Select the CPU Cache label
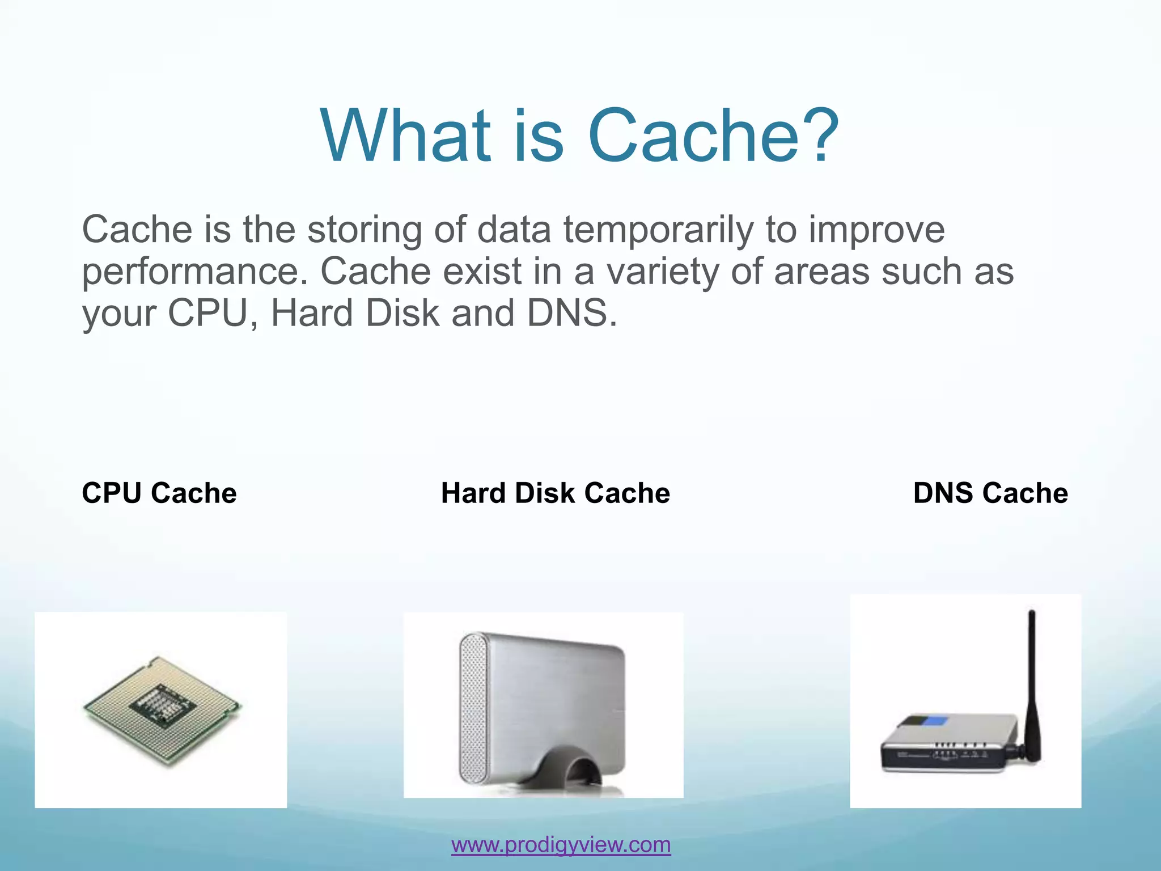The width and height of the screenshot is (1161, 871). tap(159, 493)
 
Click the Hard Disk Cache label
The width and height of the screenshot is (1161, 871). tap(556, 493)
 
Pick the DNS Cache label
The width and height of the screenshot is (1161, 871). tap(990, 493)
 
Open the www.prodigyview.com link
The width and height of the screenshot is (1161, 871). tap(561, 845)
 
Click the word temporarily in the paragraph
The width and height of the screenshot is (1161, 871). tap(658, 230)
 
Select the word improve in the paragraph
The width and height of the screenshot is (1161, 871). tap(876, 230)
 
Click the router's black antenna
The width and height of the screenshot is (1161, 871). tap(1032, 680)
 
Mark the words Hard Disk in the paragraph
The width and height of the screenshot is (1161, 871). tap(355, 314)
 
